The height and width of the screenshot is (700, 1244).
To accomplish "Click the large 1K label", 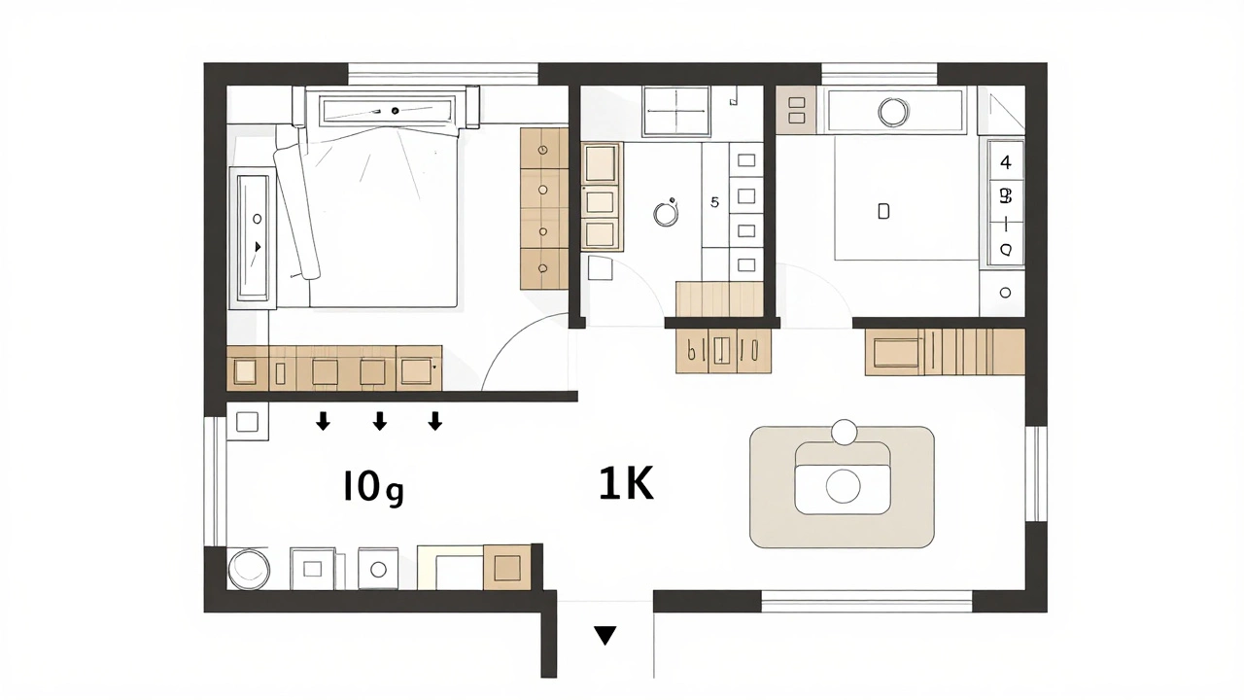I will (626, 483).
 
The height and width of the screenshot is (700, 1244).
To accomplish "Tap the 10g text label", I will (372, 487).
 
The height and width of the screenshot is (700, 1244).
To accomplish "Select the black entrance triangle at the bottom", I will (605, 636).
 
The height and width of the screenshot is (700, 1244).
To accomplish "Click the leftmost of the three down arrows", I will (323, 420).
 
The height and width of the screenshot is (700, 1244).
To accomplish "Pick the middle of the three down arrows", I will (380, 420).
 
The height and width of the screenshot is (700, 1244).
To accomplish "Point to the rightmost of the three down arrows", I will (435, 420).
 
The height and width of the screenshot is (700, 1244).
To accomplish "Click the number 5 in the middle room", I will (715, 202).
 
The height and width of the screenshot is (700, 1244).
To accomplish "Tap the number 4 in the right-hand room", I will (1006, 162).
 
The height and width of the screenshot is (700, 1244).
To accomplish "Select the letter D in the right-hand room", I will (883, 211).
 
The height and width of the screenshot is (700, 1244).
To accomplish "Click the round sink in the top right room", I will (892, 112).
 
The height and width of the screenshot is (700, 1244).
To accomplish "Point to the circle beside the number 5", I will (666, 212).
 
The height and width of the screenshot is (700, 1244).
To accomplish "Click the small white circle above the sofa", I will (844, 431).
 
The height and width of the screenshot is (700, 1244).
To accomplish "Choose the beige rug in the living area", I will (842, 486).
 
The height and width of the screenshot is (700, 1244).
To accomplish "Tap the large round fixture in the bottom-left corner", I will (247, 569).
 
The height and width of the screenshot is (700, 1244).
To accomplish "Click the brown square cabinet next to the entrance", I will (506, 567).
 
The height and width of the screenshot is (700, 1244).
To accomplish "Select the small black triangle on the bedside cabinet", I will (258, 247).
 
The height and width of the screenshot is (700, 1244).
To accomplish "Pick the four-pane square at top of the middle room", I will (677, 112).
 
